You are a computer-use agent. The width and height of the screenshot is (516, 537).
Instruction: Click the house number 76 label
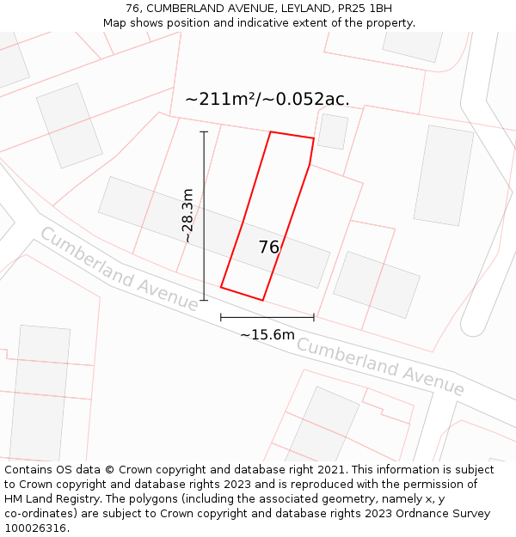[x=268, y=247]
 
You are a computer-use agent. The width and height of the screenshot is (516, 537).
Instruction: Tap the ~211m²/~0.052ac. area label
[x=267, y=100]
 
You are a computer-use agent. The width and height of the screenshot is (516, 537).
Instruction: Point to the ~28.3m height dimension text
[x=187, y=216]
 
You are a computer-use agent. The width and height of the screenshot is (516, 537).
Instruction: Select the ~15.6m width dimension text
[x=267, y=334]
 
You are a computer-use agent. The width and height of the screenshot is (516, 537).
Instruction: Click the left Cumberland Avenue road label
[x=119, y=268]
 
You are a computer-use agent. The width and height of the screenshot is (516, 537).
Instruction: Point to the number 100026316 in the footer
[x=35, y=528]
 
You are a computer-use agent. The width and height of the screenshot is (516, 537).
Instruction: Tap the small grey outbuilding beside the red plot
[x=333, y=131]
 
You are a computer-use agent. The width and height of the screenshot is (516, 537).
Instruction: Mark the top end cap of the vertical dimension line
[x=204, y=132]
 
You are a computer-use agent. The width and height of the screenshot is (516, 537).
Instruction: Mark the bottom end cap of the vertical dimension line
[x=204, y=300]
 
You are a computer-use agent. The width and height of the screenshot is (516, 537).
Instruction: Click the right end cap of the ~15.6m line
[x=314, y=317]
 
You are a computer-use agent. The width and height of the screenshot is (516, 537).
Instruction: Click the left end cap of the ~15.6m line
[x=221, y=317]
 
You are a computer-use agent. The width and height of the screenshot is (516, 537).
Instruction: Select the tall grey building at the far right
[x=444, y=176]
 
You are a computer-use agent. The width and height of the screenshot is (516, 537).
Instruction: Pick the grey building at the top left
[x=69, y=125]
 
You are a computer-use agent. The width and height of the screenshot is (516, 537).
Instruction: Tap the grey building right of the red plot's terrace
[x=377, y=284]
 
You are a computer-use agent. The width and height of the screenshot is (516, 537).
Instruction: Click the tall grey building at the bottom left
[x=39, y=394]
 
